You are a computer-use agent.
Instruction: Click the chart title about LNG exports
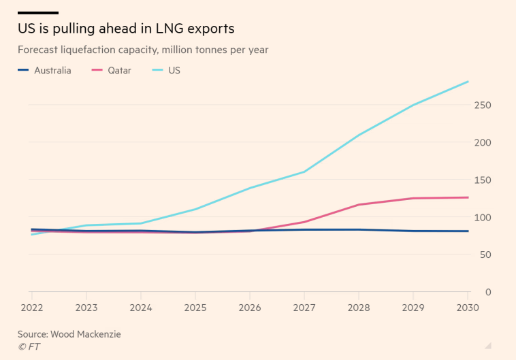pos(126,29)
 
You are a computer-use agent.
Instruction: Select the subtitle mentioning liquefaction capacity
pos(143,50)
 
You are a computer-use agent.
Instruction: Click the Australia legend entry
pos(44,70)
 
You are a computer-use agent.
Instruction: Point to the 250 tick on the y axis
pos(483,105)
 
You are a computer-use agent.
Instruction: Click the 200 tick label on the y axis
pos(483,143)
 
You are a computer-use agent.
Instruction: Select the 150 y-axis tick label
pos(483,180)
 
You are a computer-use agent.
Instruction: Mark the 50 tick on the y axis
pos(485,255)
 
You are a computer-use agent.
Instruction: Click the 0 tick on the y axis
pos(488,292)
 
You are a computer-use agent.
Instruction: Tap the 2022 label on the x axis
pos(31,308)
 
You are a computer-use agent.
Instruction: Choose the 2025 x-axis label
pos(195,308)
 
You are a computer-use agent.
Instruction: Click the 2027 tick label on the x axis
pos(305,308)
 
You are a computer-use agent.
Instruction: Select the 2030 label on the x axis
pos(468,308)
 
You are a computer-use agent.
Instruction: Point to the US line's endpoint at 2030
pos(468,82)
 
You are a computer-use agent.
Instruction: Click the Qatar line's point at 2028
pos(359,205)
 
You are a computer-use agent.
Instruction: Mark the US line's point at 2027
pos(305,171)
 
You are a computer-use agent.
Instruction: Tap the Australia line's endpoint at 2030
pos(468,231)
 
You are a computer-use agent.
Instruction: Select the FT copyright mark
pos(29,346)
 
